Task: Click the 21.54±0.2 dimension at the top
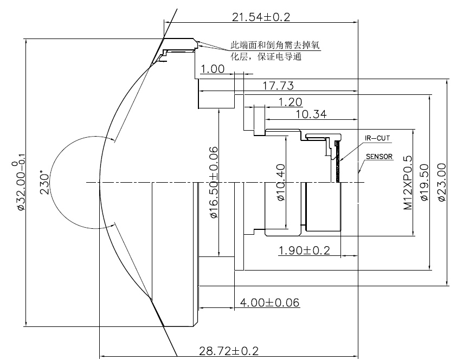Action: coord(261,17)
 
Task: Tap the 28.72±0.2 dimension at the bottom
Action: coord(229,351)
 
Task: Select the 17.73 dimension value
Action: coord(278,86)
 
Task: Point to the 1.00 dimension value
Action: coord(213,69)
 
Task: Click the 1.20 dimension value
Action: coord(290,102)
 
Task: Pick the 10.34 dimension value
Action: coord(311,114)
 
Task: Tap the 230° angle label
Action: coord(44,182)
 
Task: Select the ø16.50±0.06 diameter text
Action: coord(214,182)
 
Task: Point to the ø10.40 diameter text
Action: coord(281,182)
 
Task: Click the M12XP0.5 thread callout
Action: coord(408,183)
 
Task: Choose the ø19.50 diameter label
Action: coord(425,182)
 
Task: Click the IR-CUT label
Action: coord(377,138)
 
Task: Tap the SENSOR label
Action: coord(379,157)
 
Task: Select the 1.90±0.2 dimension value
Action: coord(304,250)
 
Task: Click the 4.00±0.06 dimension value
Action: coord(269,303)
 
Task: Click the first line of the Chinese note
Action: coord(275,45)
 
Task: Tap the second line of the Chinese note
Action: coord(266,56)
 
